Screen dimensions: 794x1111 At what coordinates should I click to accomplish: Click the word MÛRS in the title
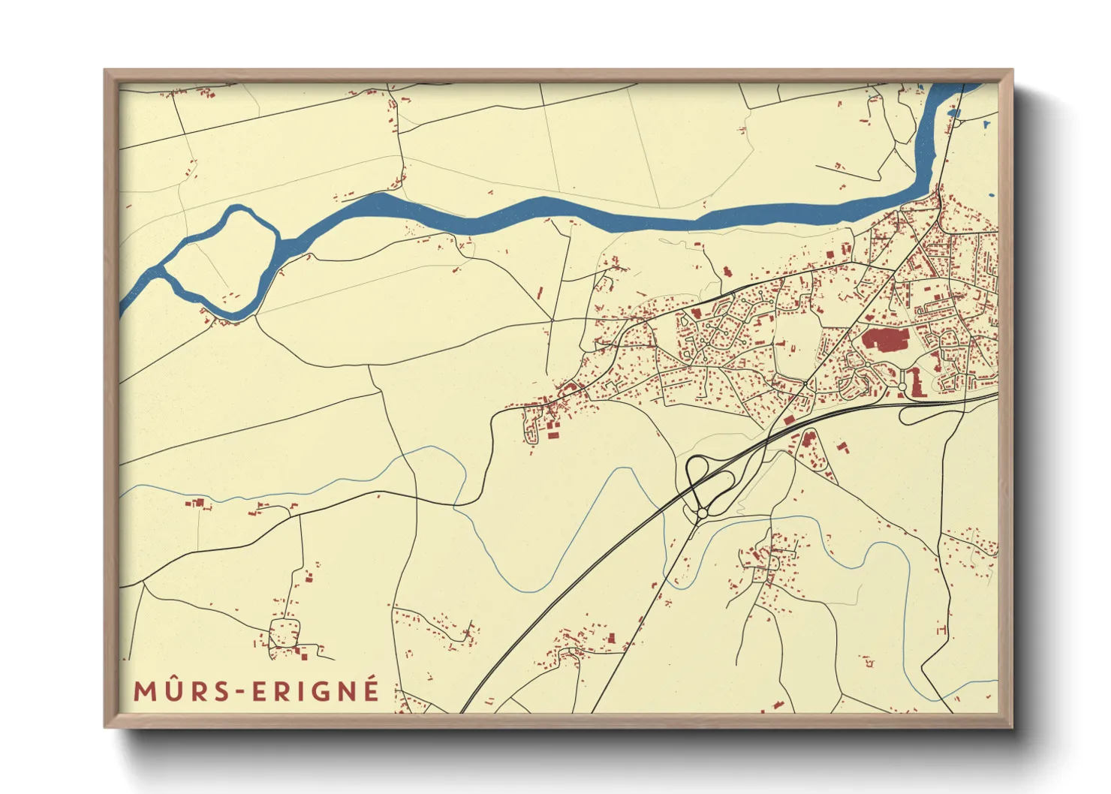(x=181, y=691)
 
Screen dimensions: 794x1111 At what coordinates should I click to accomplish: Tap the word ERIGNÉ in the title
(x=315, y=691)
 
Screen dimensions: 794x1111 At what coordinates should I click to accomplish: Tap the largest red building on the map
(x=885, y=338)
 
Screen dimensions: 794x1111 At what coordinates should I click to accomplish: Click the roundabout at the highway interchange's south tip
(x=702, y=513)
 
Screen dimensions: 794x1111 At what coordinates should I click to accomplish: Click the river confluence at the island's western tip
(x=160, y=269)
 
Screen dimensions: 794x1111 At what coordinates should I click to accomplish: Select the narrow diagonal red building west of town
(x=540, y=293)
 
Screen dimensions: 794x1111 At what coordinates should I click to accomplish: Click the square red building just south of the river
(x=727, y=272)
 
